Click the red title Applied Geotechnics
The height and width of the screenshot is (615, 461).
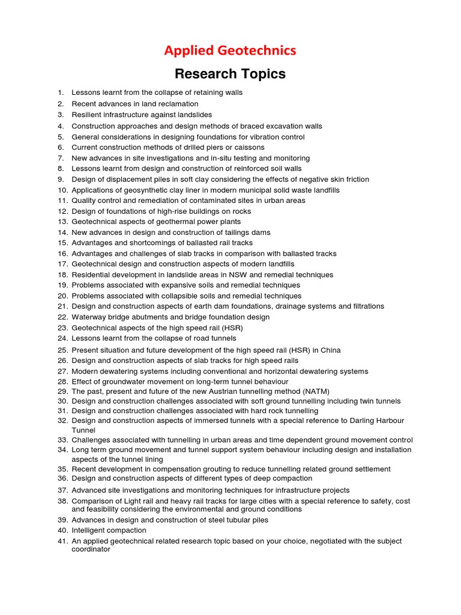[x=230, y=50]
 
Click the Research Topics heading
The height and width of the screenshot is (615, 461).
[x=230, y=74]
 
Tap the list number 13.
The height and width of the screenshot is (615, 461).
[x=63, y=222]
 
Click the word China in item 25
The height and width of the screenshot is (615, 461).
[x=330, y=350]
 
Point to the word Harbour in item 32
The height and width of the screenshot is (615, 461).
[x=388, y=420]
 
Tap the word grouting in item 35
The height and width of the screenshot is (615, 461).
[x=227, y=468]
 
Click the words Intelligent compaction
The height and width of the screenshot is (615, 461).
[x=109, y=530]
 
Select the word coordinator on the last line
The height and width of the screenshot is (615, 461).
[x=91, y=549]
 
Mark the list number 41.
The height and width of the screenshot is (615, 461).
[x=63, y=541]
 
